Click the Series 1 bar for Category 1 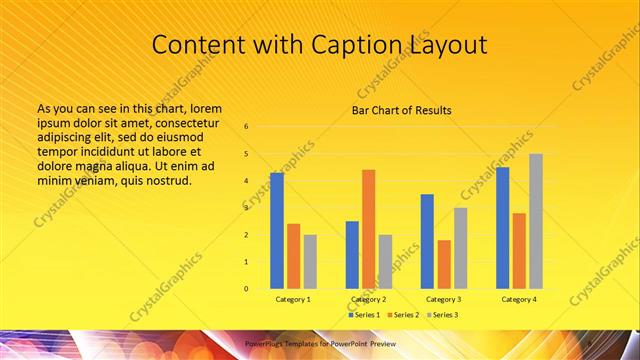[x=277, y=230]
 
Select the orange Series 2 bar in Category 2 [x=368, y=229]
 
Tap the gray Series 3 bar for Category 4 [x=536, y=221]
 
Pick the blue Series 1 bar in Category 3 [x=427, y=241]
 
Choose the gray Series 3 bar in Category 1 [x=310, y=261]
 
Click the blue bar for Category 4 [x=502, y=227]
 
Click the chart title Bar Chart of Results [x=402, y=110]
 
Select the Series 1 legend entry [x=363, y=315]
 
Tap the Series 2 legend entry [x=403, y=315]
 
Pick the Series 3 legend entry [x=442, y=315]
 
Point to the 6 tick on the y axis [x=246, y=127]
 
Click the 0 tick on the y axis [x=246, y=289]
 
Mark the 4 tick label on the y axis [x=246, y=181]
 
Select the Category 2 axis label [x=368, y=299]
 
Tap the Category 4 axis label [x=518, y=299]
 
